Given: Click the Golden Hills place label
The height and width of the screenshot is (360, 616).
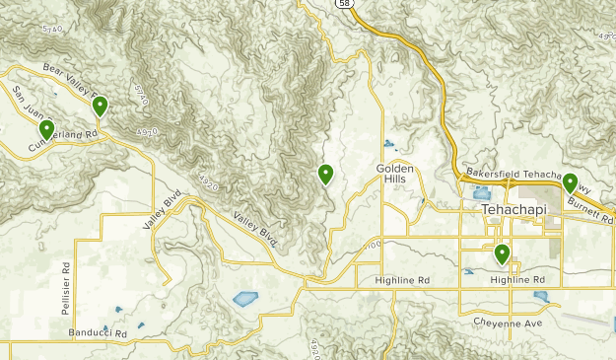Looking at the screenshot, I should (x=394, y=175).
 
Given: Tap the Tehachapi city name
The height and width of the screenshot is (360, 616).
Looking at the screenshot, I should (x=513, y=211).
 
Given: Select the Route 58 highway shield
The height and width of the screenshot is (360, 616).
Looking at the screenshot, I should (x=342, y=4).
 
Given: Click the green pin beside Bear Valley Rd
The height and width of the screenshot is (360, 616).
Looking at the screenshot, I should (x=100, y=106).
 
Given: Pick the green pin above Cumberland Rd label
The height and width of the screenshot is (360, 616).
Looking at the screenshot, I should (x=46, y=129).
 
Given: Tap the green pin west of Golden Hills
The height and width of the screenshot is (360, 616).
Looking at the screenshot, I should (x=325, y=175).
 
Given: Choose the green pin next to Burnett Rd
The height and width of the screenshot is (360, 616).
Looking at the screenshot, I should (x=570, y=182).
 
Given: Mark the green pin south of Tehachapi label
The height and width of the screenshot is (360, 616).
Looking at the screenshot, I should (x=503, y=253).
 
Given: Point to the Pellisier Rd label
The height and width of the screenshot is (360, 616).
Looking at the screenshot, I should (x=67, y=282).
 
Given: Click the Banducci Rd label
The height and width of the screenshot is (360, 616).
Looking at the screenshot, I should (x=99, y=333).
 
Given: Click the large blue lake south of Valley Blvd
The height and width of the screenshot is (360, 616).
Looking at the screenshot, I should (x=243, y=298).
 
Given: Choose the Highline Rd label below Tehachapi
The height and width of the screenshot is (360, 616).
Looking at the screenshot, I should (x=517, y=281).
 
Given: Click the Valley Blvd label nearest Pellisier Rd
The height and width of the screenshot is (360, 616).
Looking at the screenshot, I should (x=162, y=210).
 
